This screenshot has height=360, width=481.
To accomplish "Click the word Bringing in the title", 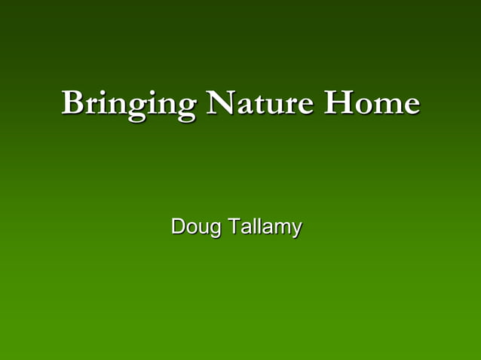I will pos(127,103).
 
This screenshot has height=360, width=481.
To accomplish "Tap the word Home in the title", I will pos(371,102).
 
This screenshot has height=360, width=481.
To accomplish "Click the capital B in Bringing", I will pos(73,102).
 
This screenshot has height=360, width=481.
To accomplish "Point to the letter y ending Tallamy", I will pos(296,228).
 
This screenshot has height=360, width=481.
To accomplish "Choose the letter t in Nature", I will pos(258,103).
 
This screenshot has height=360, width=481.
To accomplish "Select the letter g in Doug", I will pos(214,228).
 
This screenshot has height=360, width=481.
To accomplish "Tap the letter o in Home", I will pos(363,105).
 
